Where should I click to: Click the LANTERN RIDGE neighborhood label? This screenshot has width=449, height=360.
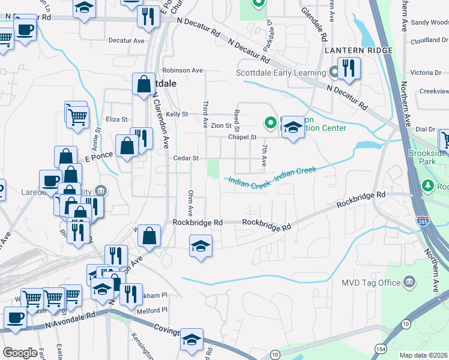tap(359, 50)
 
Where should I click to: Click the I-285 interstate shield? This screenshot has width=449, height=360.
tap(423, 222)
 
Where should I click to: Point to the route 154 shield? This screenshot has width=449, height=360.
tap(382, 348)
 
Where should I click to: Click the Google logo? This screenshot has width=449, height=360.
tap(20, 353)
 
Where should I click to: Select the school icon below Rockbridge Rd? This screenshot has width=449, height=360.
tap(200, 246)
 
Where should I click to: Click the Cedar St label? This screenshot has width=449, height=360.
tap(186, 158)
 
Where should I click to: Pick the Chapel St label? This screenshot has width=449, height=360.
tap(242, 137)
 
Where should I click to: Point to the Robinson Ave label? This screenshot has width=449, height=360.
tap(178, 70)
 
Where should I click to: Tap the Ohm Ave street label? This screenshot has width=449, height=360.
tap(190, 203)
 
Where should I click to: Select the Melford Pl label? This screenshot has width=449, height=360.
tap(152, 310)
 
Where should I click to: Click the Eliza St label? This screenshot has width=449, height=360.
tap(116, 119)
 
